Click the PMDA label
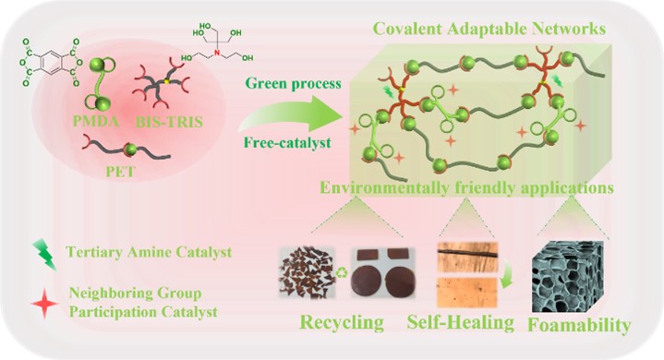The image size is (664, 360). coord(96,122)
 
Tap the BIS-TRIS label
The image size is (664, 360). coord(169,122)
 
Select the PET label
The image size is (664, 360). coord(121,172)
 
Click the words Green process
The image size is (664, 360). coord(293,83)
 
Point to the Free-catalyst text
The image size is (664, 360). coord(287,143)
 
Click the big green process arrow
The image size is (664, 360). coord(291,114)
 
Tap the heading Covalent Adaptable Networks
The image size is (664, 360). coord(489,30)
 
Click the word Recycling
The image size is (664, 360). coord(342,323)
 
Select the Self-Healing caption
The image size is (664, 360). coord(460,322)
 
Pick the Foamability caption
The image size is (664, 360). coord(579,325)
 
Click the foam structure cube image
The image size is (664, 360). coord(567,276)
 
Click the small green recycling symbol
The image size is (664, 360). coord(342,273)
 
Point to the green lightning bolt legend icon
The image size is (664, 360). coord(45,255)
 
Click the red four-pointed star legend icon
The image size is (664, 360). coord(44,303)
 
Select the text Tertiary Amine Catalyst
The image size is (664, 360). coord(149,252)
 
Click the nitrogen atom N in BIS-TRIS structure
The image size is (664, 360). coord(217,53)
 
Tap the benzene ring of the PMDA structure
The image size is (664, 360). coord(52,64)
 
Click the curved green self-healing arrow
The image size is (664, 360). coord(506,278)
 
